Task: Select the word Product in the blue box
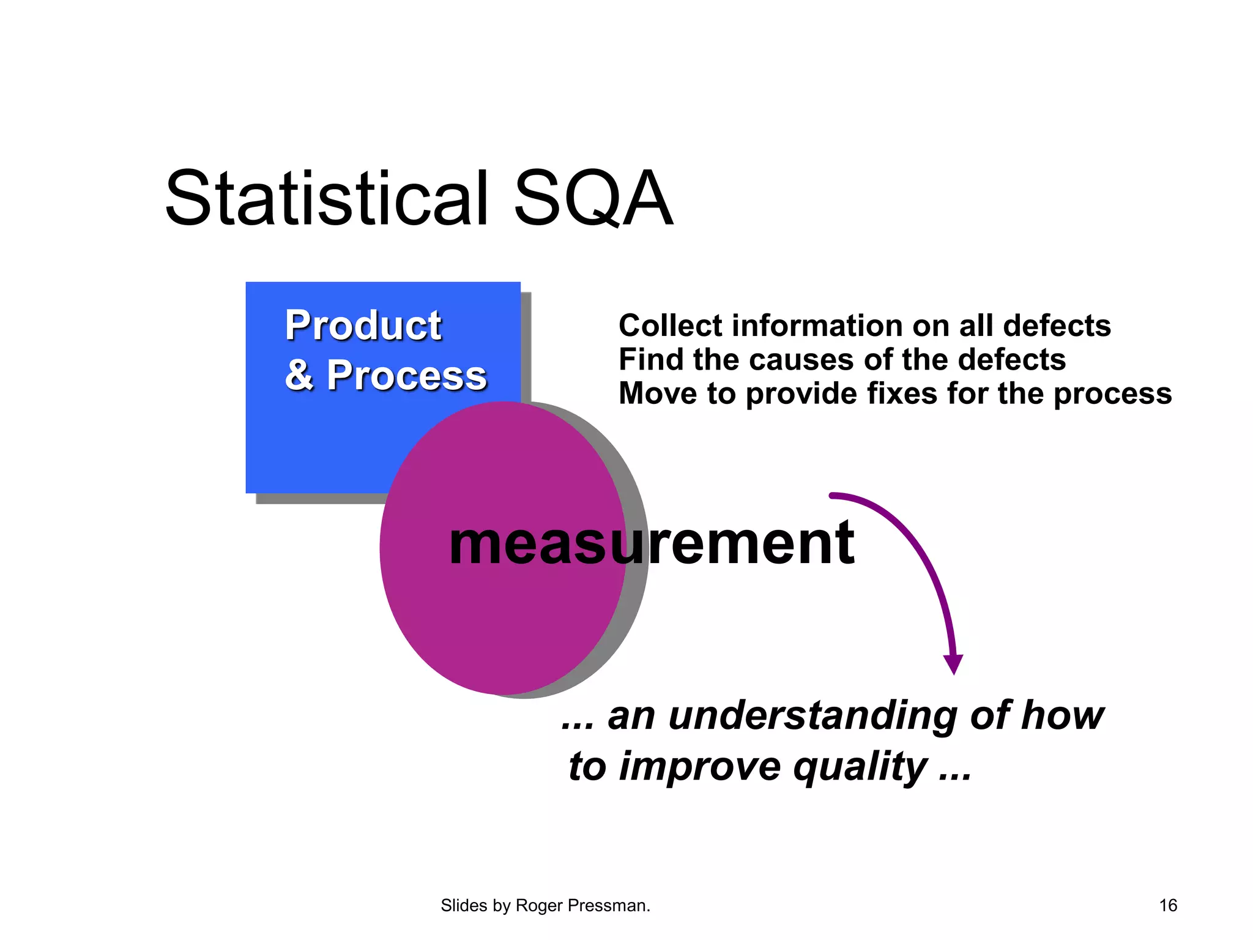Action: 363,326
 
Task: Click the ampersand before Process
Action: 299,375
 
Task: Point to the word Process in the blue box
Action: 406,375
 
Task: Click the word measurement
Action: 651,543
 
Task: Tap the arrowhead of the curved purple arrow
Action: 953,663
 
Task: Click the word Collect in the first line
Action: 662,326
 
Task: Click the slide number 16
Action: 1167,906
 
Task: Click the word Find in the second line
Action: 642,360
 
